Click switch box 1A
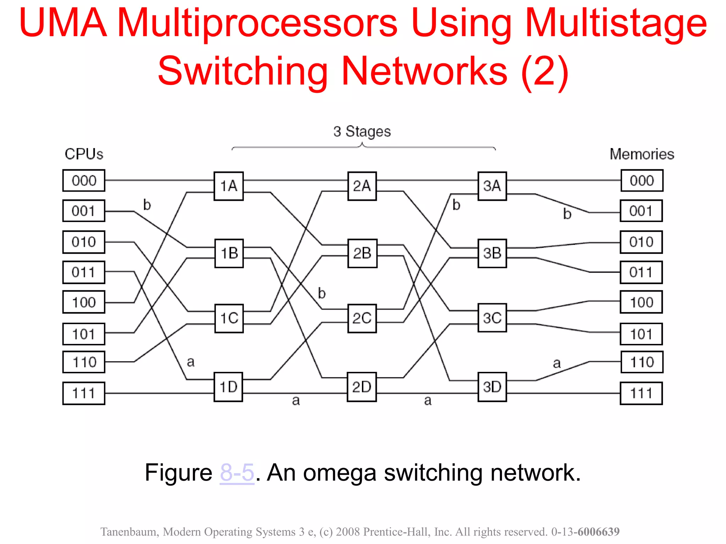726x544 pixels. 229,186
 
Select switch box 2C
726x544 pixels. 362,318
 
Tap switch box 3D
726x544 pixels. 492,387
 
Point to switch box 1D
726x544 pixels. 229,387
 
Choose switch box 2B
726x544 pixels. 362,253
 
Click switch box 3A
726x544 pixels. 492,186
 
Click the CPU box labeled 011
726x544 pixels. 84,272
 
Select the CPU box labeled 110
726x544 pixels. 84,362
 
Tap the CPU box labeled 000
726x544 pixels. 84,181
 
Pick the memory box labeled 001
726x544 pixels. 641,211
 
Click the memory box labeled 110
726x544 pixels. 642,362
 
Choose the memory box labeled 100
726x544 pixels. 641,302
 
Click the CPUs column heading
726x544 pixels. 84,154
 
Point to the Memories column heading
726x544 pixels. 642,154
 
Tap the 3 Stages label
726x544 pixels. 362,131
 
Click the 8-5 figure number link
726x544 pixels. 237,472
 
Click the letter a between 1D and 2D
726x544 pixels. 296,401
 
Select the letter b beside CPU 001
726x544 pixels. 147,205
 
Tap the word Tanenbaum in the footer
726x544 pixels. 129,532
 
